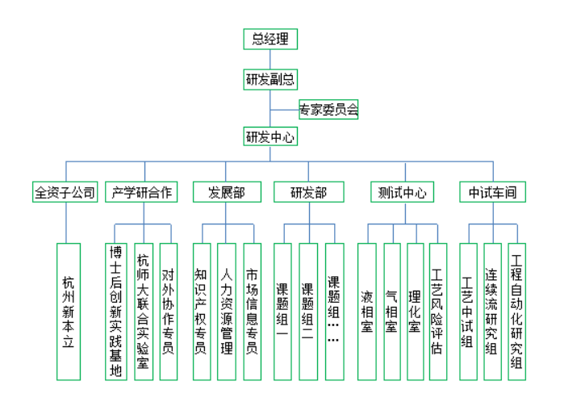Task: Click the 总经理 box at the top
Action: (270, 39)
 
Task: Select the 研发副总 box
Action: (270, 79)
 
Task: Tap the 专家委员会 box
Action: (328, 108)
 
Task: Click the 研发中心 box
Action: (270, 136)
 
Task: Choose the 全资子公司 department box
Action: (65, 193)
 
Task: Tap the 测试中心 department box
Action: (401, 193)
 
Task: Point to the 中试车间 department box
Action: (492, 193)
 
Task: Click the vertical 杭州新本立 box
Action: (69, 311)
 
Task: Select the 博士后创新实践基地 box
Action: (116, 311)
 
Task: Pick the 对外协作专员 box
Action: (168, 311)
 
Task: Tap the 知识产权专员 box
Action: (202, 311)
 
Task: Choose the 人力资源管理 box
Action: (227, 311)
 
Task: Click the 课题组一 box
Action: (282, 311)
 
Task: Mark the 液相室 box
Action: (368, 311)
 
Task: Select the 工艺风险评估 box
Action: (437, 311)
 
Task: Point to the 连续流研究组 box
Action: (491, 311)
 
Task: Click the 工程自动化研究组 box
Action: (516, 311)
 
